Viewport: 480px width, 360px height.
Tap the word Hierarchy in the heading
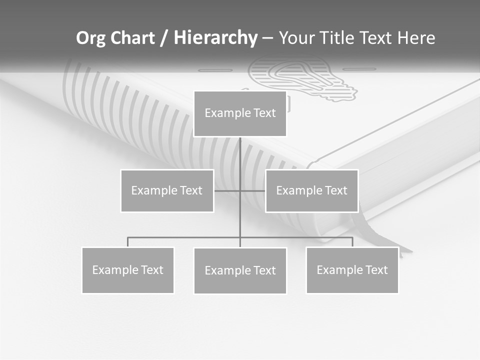pyautogui.click(x=215, y=38)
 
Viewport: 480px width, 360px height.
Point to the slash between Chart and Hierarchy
pyautogui.click(x=164, y=38)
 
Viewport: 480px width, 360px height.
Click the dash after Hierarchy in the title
pyautogui.click(x=267, y=38)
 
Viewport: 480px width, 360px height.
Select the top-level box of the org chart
pyautogui.click(x=240, y=113)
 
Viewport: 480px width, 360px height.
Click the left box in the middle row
pyautogui.click(x=167, y=190)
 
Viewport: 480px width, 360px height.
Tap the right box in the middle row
pyautogui.click(x=311, y=190)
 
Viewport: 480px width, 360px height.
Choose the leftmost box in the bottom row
pyautogui.click(x=128, y=270)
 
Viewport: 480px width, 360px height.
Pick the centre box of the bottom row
pyautogui.click(x=240, y=270)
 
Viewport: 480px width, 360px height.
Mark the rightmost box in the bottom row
pyautogui.click(x=352, y=270)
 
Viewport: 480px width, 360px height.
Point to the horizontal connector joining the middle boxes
pyautogui.click(x=227, y=190)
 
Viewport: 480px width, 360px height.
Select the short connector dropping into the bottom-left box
pyautogui.click(x=128, y=242)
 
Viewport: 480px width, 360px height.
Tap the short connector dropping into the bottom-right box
pyautogui.click(x=352, y=242)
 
